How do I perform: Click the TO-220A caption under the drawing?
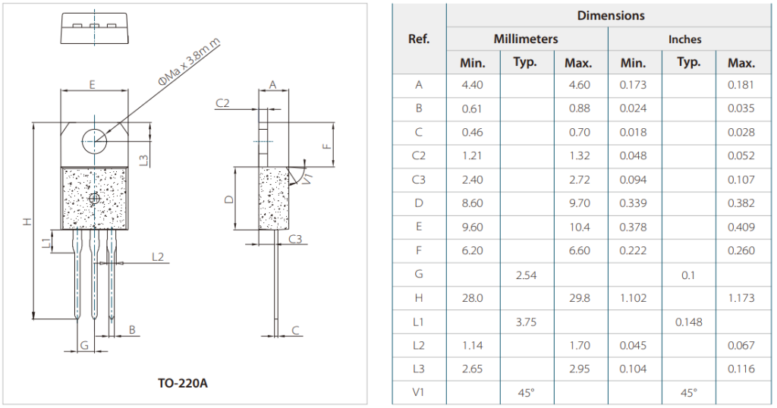(x=183, y=383)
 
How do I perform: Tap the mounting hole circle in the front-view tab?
(x=94, y=141)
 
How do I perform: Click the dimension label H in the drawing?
(x=28, y=221)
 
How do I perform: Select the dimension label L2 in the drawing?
(x=158, y=256)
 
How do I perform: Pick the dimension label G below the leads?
(x=84, y=345)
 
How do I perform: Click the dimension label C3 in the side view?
(x=295, y=239)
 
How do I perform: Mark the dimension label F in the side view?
(x=326, y=146)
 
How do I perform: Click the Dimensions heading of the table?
(x=611, y=15)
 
